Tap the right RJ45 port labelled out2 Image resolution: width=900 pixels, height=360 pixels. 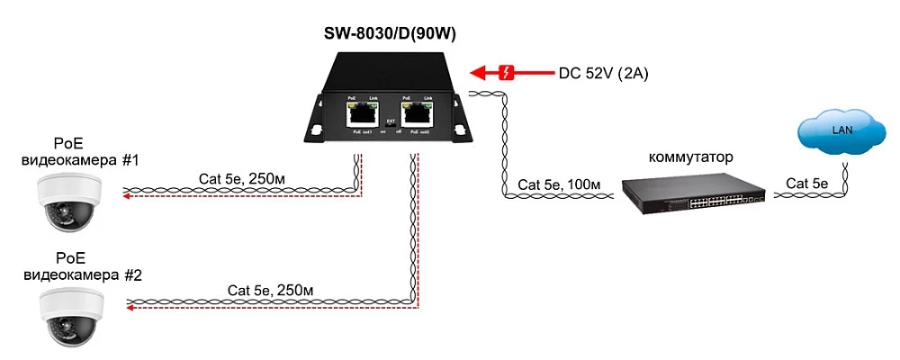click(416, 113)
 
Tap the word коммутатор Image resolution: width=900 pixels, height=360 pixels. click(690, 157)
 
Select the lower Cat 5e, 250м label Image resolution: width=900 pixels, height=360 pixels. click(270, 291)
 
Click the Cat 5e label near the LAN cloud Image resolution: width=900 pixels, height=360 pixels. click(808, 184)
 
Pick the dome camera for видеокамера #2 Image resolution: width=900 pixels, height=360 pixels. click(67, 314)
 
